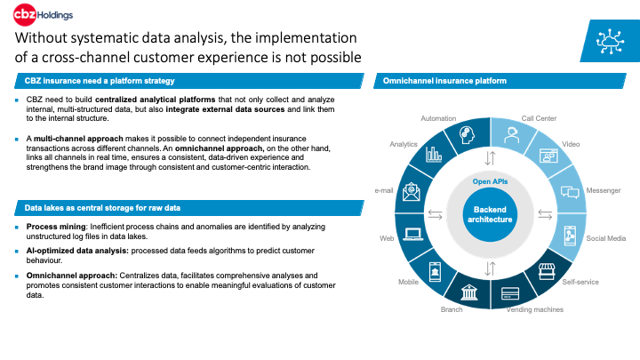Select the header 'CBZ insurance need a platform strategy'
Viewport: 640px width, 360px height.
pos(97,81)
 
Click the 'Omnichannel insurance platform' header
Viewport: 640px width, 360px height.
pos(444,81)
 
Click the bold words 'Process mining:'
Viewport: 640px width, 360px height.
pos(55,227)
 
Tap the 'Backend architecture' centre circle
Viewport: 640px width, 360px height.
pos(488,214)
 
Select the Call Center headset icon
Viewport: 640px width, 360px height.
pos(512,135)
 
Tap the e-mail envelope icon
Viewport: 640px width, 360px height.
pos(411,190)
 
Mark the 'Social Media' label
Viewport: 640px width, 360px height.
pos(604,238)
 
